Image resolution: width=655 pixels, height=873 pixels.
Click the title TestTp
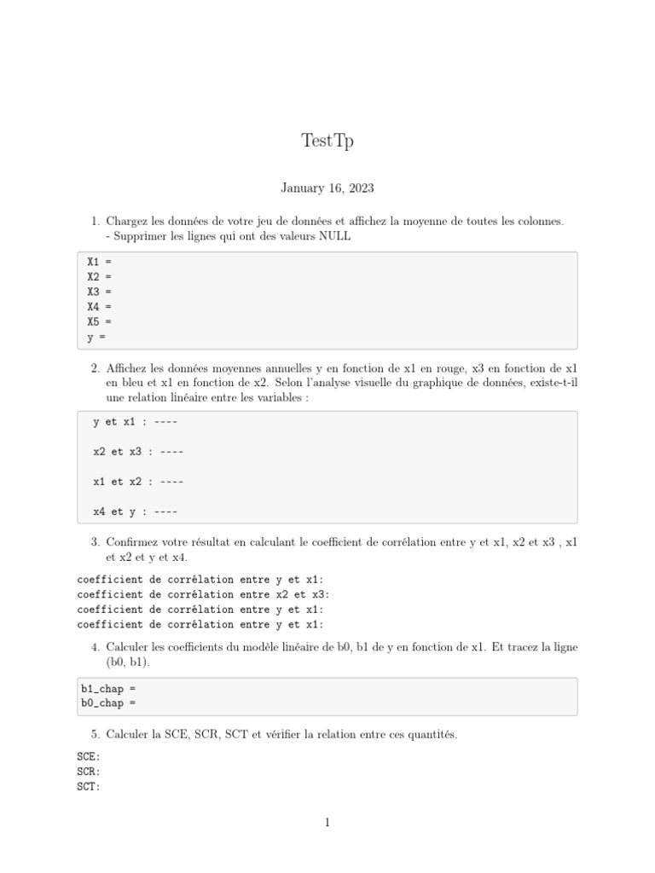pos(327,142)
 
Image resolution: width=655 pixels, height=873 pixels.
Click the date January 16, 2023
pos(327,188)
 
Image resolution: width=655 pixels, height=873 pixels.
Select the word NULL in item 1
pos(334,236)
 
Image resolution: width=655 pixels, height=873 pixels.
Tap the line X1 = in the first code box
pos(99,262)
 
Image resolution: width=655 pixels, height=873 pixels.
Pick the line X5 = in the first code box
pos(99,321)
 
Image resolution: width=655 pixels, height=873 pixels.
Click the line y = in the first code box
pos(96,337)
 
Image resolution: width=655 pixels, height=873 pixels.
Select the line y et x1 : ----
pos(135,422)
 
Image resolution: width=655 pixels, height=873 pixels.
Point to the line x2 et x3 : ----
pos(138,452)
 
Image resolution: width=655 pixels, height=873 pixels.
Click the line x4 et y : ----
pos(135,512)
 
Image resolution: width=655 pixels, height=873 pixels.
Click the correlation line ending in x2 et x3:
pos(203,594)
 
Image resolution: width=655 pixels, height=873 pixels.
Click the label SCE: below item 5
pos(89,756)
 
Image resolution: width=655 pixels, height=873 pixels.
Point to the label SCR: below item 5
pos(89,772)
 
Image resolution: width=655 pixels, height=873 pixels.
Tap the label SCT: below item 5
pos(89,787)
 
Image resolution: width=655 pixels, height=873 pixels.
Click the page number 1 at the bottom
pos(327,823)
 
